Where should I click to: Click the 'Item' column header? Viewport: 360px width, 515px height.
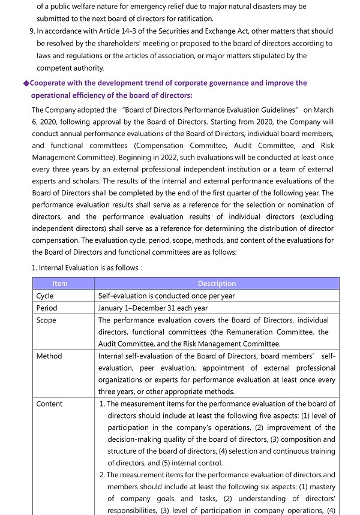point(60,284)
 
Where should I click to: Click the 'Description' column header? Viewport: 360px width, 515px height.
point(217,284)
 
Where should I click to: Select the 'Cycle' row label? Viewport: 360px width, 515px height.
point(45,296)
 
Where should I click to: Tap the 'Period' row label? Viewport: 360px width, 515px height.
point(47,308)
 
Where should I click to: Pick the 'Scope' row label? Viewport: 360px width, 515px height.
point(46,320)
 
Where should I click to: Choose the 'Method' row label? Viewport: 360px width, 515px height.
point(49,356)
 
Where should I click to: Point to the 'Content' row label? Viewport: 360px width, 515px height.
point(49,404)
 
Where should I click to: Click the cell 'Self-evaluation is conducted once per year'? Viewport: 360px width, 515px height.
point(166,296)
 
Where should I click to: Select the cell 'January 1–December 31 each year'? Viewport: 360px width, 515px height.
point(152,308)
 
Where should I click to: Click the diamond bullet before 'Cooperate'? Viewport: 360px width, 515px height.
point(26,83)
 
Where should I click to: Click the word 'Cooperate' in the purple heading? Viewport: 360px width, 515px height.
point(51,83)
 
